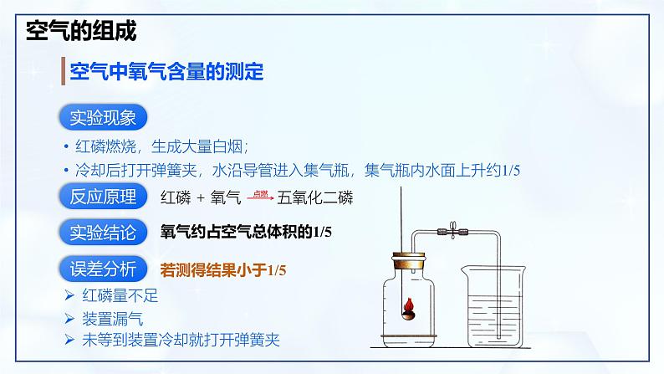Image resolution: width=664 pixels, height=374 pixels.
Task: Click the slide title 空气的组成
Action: point(81,30)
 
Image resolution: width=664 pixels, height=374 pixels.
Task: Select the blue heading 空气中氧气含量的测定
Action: point(166,71)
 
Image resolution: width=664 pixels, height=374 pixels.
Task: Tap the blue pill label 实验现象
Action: point(103,117)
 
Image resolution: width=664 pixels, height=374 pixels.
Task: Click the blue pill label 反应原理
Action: point(103,197)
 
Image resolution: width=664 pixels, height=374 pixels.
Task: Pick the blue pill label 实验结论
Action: point(103,232)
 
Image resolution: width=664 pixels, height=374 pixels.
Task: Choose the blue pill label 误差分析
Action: point(103,269)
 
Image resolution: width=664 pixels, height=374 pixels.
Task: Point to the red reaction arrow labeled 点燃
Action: point(260,197)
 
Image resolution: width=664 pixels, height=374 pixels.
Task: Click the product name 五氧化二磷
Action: point(315,197)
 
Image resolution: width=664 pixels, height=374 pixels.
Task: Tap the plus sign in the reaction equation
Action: point(201,197)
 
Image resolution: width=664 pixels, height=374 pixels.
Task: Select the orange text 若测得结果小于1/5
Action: point(223,269)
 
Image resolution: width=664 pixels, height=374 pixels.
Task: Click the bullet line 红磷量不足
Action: point(120,295)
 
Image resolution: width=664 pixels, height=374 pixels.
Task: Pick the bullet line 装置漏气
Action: point(112,319)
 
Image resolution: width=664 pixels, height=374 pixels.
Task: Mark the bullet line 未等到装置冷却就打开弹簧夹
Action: point(181,340)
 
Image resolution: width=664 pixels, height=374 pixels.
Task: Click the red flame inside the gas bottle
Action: point(409,305)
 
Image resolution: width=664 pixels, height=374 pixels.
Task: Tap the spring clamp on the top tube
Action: point(452,231)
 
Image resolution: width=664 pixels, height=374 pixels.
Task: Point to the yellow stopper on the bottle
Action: point(408,260)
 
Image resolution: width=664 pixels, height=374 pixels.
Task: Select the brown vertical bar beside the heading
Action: point(63,71)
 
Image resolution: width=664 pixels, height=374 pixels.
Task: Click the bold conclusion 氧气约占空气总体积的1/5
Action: point(246,232)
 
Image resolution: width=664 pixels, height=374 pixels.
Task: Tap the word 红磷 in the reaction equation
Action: point(176,197)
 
